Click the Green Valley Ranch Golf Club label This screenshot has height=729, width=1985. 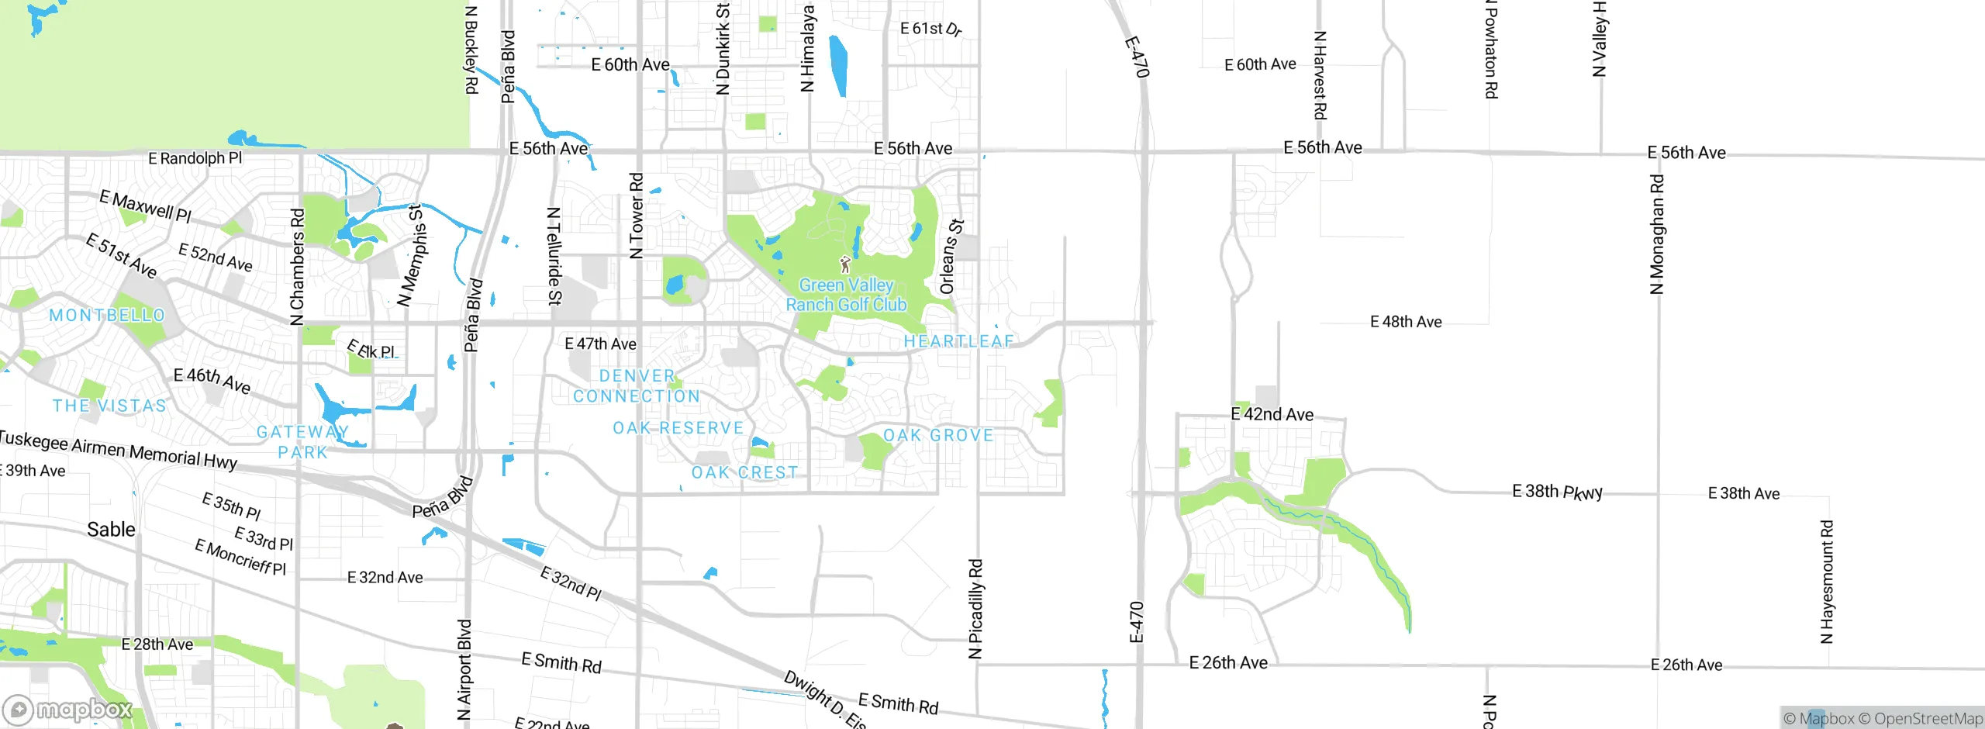[846, 295]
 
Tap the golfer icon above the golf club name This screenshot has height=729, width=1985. [845, 265]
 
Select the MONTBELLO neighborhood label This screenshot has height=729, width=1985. [107, 316]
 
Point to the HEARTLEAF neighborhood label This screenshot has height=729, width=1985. [959, 341]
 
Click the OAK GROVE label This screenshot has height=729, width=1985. [938, 436]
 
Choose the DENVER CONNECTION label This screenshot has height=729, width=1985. [637, 386]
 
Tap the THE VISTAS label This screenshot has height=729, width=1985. [109, 406]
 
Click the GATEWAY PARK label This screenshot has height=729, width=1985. [303, 442]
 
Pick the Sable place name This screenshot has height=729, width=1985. [111, 530]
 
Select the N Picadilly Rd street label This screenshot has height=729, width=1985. [975, 609]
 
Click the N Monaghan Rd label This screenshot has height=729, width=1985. [1656, 235]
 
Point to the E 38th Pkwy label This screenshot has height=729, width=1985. [1557, 492]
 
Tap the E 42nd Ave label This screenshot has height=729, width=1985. [1272, 414]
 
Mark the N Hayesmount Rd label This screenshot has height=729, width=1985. [1827, 582]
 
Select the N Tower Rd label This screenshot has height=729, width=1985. [636, 216]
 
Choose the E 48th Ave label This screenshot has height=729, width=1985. [1406, 322]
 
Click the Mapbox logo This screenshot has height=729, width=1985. [68, 709]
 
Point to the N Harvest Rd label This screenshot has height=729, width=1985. [1320, 75]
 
